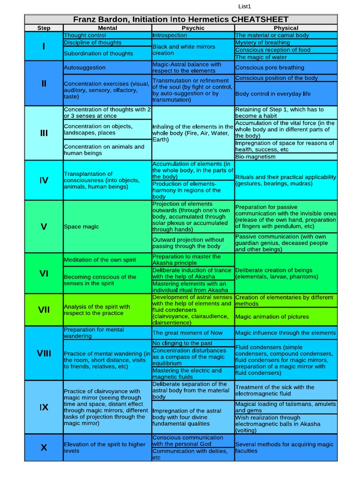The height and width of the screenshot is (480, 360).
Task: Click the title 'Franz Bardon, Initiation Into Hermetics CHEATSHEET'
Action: point(180,19)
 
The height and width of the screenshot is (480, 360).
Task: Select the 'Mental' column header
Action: point(107,28)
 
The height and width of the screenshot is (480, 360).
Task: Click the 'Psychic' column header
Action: point(193,28)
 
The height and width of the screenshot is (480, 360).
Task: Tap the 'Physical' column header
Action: point(285,28)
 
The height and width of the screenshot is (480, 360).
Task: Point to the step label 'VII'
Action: point(44,309)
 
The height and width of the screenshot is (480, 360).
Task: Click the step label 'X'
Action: point(44,448)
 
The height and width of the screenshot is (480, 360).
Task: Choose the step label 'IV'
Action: point(44,180)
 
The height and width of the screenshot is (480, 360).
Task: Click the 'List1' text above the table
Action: point(245,6)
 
